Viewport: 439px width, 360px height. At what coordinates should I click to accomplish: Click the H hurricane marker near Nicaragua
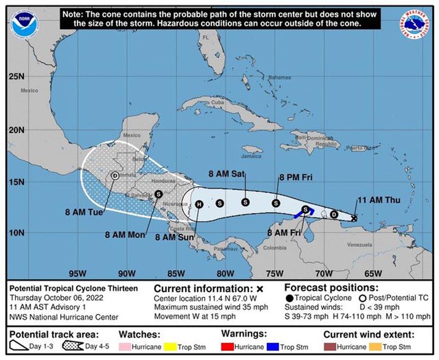click(199, 204)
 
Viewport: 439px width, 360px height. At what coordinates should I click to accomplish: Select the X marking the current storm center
click(354, 218)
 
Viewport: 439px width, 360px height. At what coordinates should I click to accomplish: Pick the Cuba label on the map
click(218, 103)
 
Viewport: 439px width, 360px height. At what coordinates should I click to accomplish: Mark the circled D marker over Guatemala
click(114, 176)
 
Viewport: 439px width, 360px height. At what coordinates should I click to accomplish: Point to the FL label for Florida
click(206, 37)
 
